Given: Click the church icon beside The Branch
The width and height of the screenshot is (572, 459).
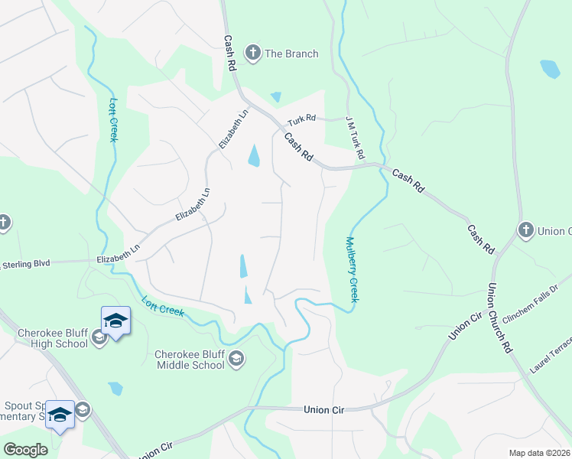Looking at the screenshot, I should pyautogui.click(x=252, y=53).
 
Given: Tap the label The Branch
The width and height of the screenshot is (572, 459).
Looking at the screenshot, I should pyautogui.click(x=291, y=54).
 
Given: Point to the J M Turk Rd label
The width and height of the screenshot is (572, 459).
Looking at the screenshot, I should pyautogui.click(x=355, y=138).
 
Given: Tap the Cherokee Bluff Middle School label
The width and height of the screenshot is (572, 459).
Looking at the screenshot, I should pyautogui.click(x=190, y=360).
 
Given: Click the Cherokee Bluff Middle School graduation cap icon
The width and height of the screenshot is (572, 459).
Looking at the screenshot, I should pyautogui.click(x=237, y=358).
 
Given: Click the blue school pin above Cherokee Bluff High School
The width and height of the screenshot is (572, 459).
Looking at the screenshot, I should pyautogui.click(x=115, y=321).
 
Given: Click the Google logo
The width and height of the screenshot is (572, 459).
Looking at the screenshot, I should pyautogui.click(x=25, y=449).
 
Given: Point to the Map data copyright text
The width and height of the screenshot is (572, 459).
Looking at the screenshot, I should pyautogui.click(x=539, y=453).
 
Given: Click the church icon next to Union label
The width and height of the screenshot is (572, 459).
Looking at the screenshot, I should pyautogui.click(x=525, y=230).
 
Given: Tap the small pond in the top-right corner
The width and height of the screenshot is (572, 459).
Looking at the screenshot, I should pyautogui.click(x=550, y=69).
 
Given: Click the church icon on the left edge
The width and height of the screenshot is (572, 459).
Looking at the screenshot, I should pyautogui.click(x=3, y=223).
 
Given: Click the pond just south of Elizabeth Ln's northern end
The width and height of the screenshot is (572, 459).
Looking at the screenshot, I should pyautogui.click(x=253, y=156).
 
